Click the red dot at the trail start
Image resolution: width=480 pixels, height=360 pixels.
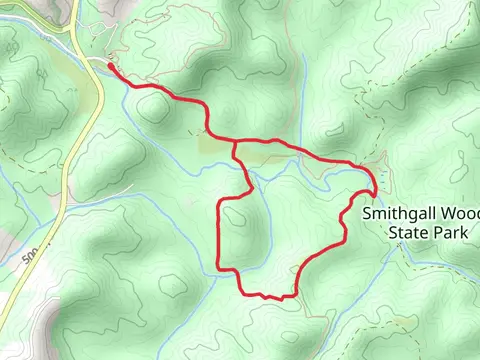(x=108, y=68)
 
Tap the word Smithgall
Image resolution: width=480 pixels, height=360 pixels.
(x=400, y=214)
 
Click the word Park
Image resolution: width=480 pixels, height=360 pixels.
(x=450, y=233)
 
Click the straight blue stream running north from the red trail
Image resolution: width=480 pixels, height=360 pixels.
(x=303, y=100)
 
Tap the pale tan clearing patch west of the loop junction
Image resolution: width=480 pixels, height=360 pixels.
(x=215, y=146)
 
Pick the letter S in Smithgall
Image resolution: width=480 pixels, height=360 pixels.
(x=368, y=214)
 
